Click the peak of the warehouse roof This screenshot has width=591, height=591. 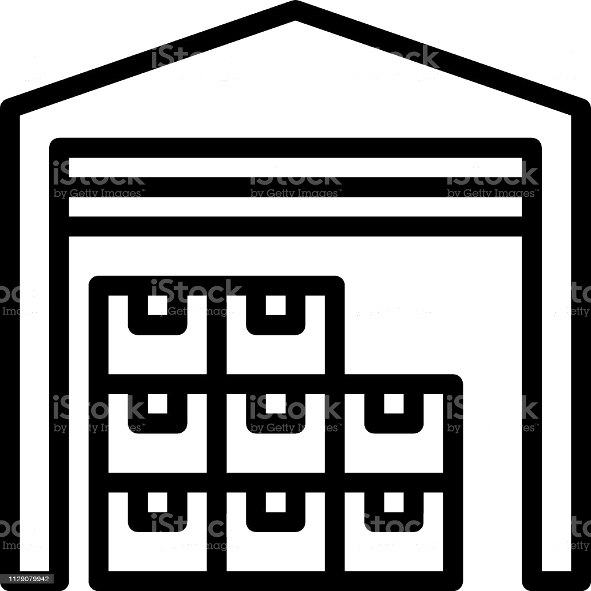pos(295,11)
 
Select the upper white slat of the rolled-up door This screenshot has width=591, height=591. pos(295,167)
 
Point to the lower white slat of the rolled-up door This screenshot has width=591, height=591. pos(295,207)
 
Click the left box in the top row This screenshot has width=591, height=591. pos(158,341)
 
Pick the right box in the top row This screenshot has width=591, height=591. pos(275,341)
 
